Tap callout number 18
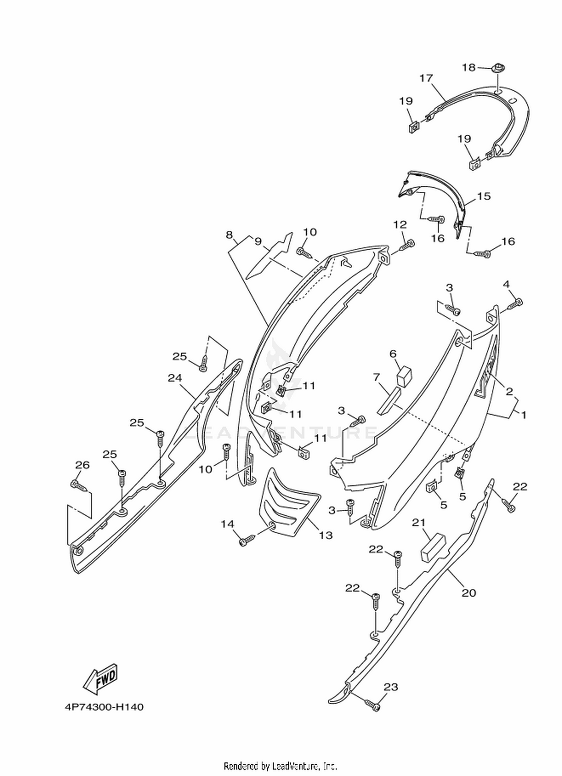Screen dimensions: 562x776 click(x=468, y=67)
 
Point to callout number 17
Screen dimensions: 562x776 click(x=426, y=78)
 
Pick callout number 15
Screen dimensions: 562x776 click(x=484, y=196)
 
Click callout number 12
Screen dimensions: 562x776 click(x=400, y=225)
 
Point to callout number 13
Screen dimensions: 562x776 click(x=326, y=536)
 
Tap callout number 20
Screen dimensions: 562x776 click(x=469, y=593)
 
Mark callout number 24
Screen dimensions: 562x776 click(x=175, y=378)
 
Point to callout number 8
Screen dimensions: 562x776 click(x=229, y=235)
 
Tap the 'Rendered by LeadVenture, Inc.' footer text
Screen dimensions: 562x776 click(x=281, y=765)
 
